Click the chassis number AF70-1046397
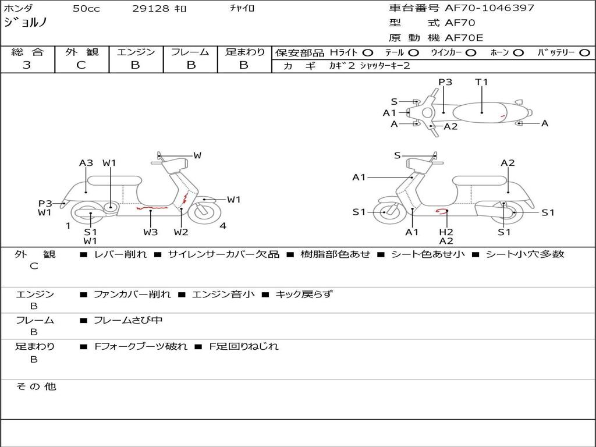pyautogui.click(x=481, y=8)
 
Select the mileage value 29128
pyautogui.click(x=151, y=9)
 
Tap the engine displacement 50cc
pyautogui.click(x=86, y=9)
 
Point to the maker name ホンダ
pyautogui.click(x=18, y=8)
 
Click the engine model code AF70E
pyautogui.click(x=464, y=38)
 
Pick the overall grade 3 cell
pyautogui.click(x=27, y=65)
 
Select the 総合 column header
pyautogui.click(x=27, y=52)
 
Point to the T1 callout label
pyautogui.click(x=481, y=82)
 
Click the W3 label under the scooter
pyautogui.click(x=151, y=232)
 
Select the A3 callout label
pyautogui.click(x=86, y=163)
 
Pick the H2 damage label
pyautogui.click(x=446, y=232)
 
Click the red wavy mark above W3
pyautogui.click(x=151, y=207)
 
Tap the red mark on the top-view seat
pyautogui.click(x=502, y=117)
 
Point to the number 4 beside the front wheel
pyautogui.click(x=223, y=226)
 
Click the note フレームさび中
pyautogui.click(x=128, y=320)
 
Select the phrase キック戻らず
pyautogui.click(x=303, y=295)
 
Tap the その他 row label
pyautogui.click(x=36, y=386)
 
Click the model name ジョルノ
pyautogui.click(x=25, y=23)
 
